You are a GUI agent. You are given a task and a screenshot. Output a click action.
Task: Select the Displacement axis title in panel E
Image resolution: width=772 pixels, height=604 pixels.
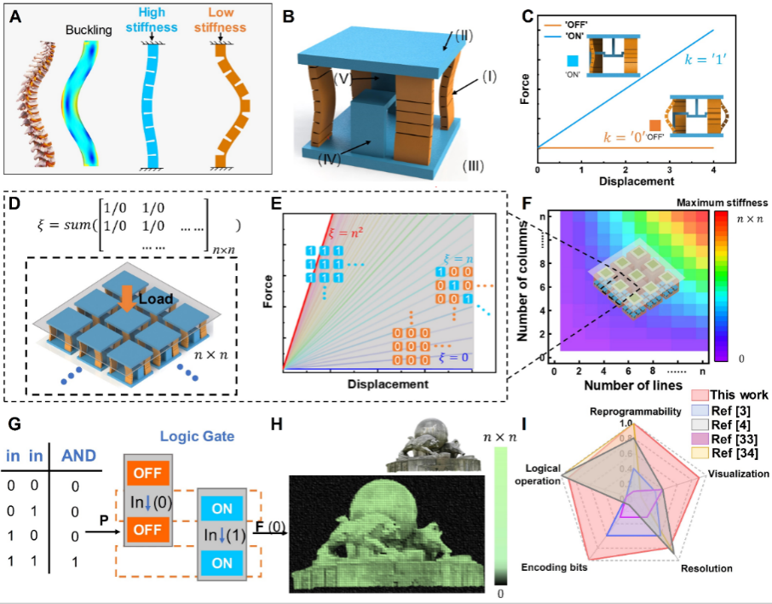tap(388, 385)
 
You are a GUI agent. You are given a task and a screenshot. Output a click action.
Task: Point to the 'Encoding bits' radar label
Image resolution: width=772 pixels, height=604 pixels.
tap(552, 566)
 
